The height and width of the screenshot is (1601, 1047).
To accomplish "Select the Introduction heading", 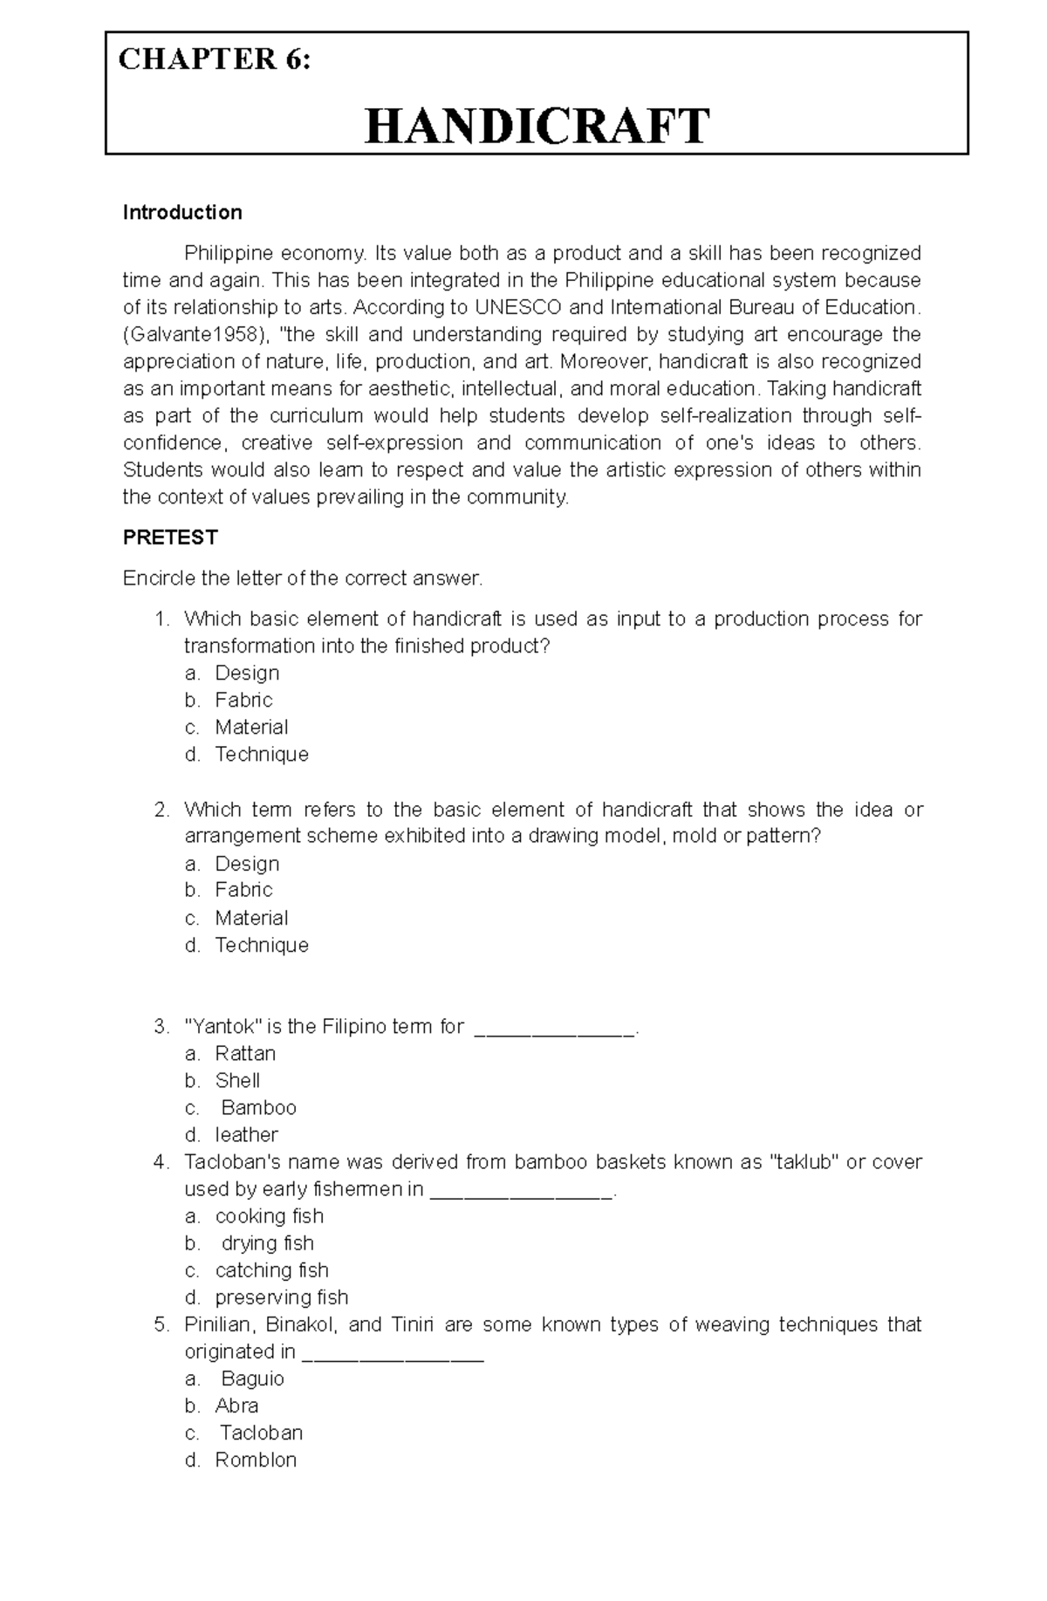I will (182, 213).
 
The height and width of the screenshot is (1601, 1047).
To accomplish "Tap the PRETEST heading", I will (170, 537).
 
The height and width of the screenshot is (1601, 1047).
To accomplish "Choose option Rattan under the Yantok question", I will (245, 1053).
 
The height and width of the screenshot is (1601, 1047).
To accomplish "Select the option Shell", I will (237, 1080).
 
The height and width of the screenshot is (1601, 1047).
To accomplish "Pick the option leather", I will (246, 1134).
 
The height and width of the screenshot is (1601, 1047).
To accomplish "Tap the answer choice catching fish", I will (271, 1269).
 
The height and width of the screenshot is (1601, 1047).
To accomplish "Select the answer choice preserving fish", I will (281, 1297).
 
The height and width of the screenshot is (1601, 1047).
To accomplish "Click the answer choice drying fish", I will (267, 1242).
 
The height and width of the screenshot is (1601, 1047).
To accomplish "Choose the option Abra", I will (236, 1406).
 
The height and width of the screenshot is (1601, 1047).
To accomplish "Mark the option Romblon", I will (256, 1460).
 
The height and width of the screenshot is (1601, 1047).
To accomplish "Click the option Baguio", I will (252, 1379).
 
